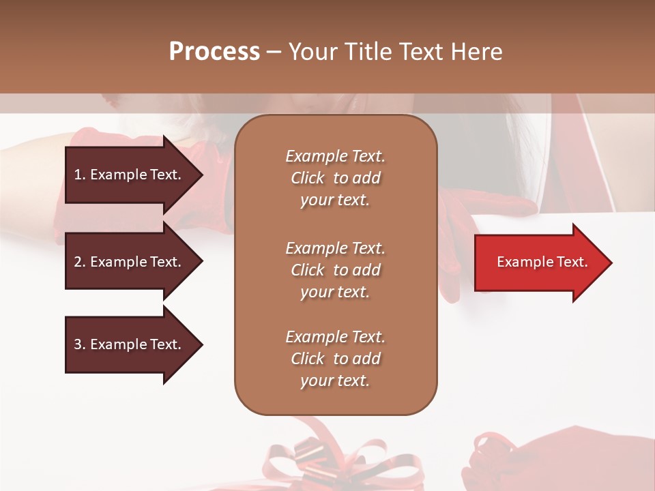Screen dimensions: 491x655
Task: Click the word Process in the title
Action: coord(214,52)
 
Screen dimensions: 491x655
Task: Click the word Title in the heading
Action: coord(366,52)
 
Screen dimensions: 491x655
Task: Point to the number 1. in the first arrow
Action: coord(80,175)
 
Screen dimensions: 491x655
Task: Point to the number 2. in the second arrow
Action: coord(80,262)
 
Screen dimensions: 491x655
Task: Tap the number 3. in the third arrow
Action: coord(80,344)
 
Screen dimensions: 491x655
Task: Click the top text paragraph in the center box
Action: coord(335,178)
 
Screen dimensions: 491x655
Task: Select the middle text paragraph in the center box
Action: coord(335,270)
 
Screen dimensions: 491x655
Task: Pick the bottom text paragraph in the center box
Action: coord(335,359)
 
